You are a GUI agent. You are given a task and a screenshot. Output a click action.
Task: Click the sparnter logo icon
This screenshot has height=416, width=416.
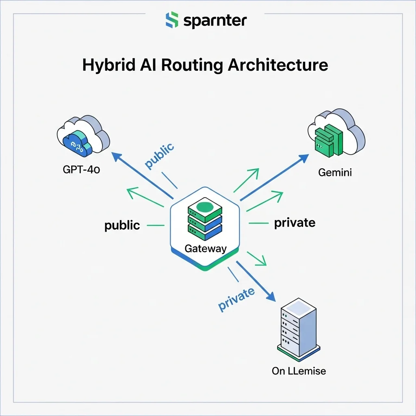coord(172,20)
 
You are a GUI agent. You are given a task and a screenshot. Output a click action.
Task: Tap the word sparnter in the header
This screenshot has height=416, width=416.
coord(215,21)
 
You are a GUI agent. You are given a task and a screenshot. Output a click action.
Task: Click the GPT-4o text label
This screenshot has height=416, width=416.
coord(81,169)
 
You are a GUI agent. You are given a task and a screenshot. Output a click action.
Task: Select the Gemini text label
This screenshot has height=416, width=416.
coord(335,173)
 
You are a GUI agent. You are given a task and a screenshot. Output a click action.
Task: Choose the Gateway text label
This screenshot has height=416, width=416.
coord(205,249)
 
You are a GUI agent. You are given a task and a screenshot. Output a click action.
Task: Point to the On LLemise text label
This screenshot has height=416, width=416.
coord(299,370)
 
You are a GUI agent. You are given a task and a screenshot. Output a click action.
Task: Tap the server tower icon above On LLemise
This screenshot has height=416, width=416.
coord(299,329)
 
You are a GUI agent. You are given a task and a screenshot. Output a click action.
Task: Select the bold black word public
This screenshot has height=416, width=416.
coord(122,225)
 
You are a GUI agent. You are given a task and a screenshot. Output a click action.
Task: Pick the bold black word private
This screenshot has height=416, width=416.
coord(295,223)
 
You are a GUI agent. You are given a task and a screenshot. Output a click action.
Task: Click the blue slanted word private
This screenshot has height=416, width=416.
coord(236,300)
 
